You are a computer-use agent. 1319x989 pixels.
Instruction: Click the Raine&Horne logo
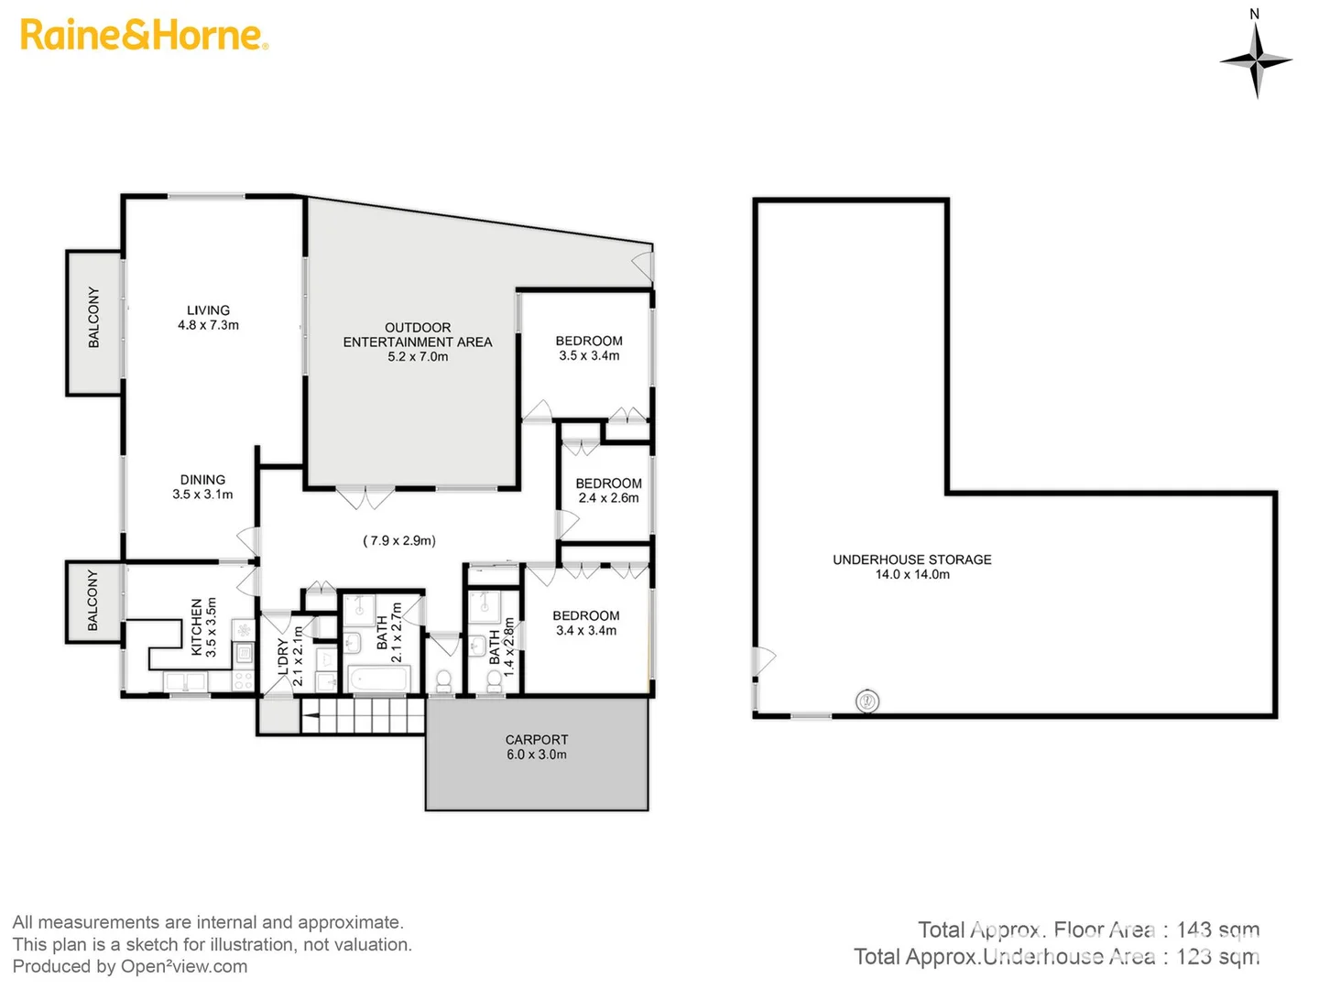tap(144, 35)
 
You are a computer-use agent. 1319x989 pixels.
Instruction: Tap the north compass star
tap(1256, 60)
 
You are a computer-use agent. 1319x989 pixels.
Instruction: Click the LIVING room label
tap(208, 318)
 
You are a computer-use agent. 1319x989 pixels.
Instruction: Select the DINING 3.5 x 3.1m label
tap(202, 487)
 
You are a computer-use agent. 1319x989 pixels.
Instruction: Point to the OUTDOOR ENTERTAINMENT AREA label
tap(418, 342)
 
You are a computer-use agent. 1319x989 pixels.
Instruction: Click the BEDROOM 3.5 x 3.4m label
tap(589, 348)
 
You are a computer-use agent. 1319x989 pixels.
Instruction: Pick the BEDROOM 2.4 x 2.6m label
tap(608, 491)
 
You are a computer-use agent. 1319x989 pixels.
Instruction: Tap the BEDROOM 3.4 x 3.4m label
tap(586, 623)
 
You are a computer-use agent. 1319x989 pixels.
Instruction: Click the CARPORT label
tap(537, 747)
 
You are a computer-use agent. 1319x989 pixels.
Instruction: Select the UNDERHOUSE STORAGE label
tap(911, 567)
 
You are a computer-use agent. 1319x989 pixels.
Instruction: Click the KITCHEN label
tap(203, 627)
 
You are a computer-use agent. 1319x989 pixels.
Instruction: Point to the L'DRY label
tap(289, 657)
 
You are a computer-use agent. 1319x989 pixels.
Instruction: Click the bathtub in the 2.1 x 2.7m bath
tap(378, 680)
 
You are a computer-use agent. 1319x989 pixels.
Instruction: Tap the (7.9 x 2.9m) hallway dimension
tap(399, 540)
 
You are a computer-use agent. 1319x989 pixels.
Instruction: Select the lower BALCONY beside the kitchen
tap(93, 601)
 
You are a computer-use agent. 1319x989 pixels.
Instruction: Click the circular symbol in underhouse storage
tap(867, 702)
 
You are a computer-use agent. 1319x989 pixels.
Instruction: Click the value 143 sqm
tap(1217, 930)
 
